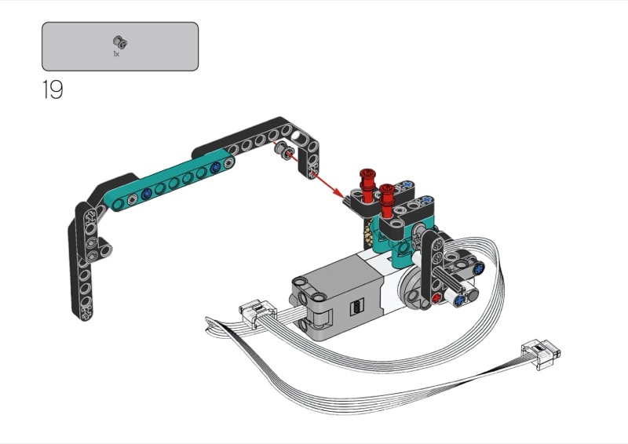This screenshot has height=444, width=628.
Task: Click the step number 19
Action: pos(53,89)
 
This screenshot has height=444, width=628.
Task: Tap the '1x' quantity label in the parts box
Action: pos(116,53)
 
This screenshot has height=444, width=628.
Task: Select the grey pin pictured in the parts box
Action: pos(120,42)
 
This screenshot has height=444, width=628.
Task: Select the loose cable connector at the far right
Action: pos(541,354)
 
